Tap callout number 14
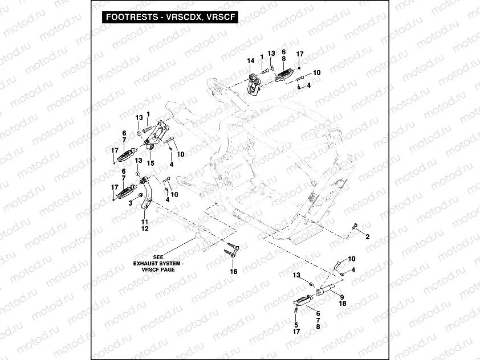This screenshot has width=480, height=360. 250,60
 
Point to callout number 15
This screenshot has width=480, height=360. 151,163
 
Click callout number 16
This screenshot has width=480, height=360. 233,272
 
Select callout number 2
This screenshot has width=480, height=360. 367,236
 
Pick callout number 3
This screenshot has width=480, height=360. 131,202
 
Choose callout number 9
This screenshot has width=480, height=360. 342,297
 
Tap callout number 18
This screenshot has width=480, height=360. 342,304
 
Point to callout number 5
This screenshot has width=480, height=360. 296,324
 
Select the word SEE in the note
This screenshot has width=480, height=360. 158,257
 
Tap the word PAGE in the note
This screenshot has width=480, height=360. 168,269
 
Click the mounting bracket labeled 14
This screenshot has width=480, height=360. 255,81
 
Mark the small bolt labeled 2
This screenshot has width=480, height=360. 354,228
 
